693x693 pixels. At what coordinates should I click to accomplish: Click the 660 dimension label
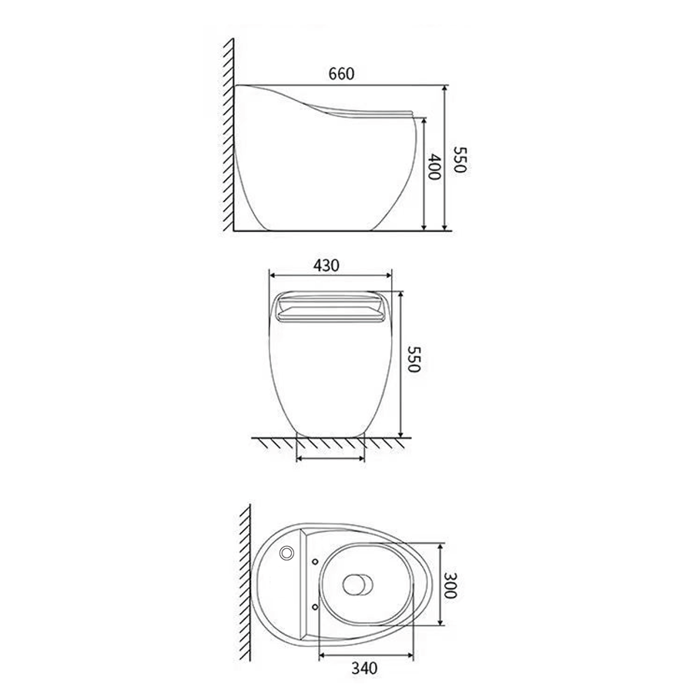[x=341, y=74]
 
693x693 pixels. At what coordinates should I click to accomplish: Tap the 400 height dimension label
[x=434, y=166]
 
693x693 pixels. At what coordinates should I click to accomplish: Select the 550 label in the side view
[x=460, y=160]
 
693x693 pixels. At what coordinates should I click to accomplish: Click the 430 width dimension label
[x=326, y=266]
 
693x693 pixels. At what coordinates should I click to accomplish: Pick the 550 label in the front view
[x=413, y=359]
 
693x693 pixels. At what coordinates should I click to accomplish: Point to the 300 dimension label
[x=450, y=585]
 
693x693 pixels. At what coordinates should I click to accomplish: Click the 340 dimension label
[x=365, y=668]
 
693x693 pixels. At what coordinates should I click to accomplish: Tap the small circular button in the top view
[x=286, y=552]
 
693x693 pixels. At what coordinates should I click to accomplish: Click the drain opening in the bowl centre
[x=357, y=584]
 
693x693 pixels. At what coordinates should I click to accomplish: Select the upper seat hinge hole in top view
[x=315, y=562]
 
